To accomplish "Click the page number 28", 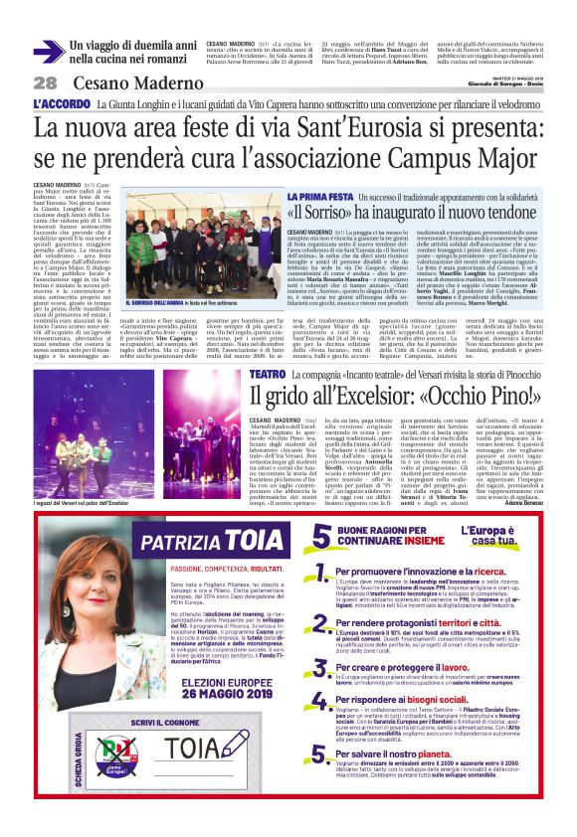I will tap(45, 83).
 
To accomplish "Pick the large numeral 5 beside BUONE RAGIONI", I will tap(321, 538).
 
